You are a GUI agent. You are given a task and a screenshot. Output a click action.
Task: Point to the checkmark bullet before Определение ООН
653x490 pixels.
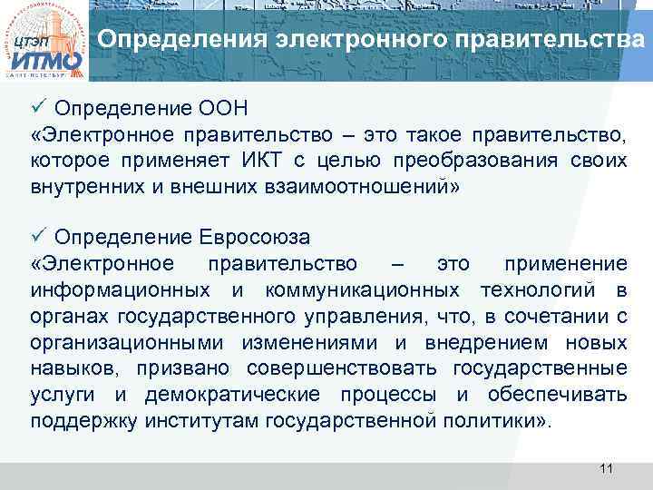37,111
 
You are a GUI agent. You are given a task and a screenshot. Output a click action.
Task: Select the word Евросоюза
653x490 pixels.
254,238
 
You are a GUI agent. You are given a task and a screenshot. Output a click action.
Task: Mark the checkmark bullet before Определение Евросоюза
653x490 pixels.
37,238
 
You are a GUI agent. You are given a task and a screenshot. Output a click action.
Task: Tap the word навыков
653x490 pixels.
74,369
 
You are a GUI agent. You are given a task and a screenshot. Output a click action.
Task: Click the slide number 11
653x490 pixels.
607,468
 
